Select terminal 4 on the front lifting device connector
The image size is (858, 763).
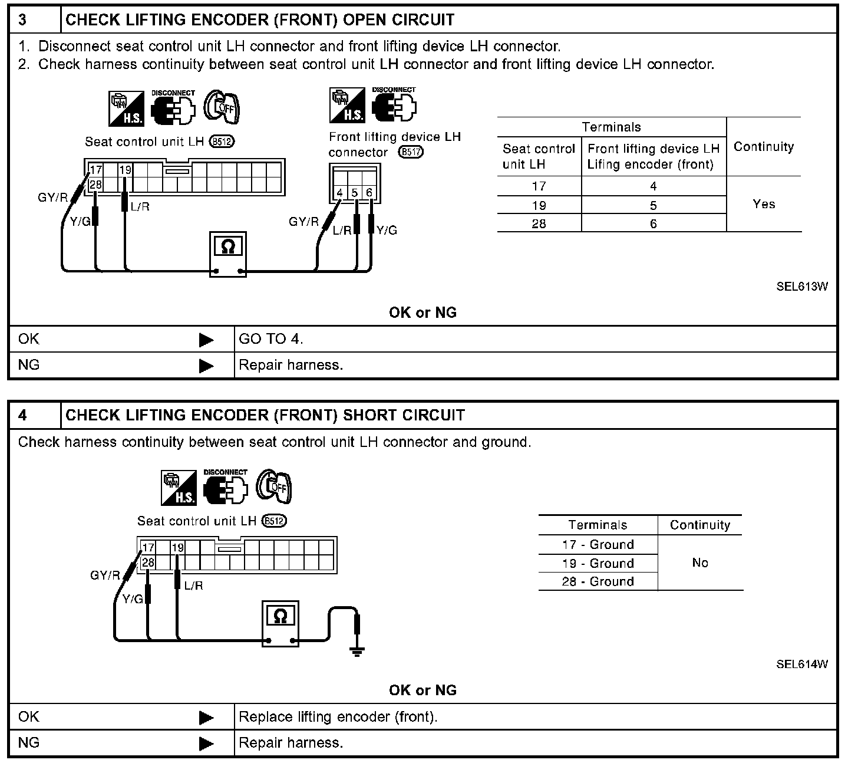(x=339, y=193)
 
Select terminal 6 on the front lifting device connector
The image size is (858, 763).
(x=369, y=193)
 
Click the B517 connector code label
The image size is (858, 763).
(x=411, y=152)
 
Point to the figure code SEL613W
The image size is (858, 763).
(x=801, y=287)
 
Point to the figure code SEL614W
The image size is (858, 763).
(x=801, y=665)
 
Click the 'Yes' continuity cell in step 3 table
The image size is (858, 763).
(x=764, y=204)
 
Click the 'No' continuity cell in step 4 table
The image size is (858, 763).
(x=700, y=563)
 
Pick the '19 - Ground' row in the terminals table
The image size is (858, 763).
(x=598, y=563)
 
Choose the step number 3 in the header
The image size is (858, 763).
(x=22, y=20)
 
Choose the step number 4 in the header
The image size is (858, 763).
(x=22, y=415)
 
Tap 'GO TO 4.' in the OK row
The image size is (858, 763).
(x=271, y=339)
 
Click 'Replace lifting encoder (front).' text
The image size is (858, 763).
(x=338, y=717)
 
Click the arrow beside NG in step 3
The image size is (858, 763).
(x=206, y=366)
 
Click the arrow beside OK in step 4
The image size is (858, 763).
(x=206, y=718)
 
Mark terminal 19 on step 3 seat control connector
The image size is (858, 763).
(x=126, y=170)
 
